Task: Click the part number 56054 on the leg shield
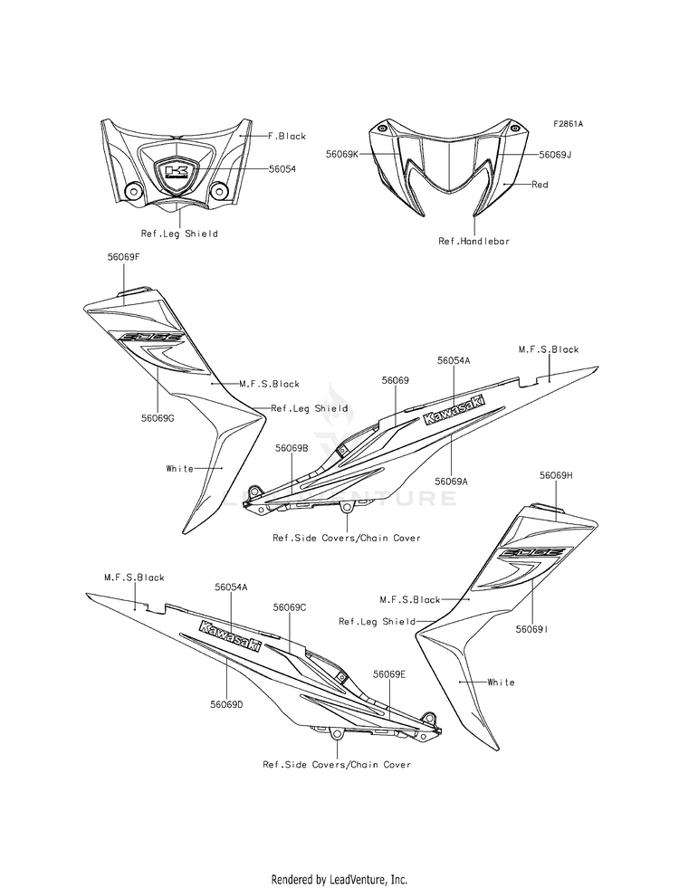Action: pyautogui.click(x=282, y=168)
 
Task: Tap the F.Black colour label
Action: pyautogui.click(x=287, y=136)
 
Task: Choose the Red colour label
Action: pyautogui.click(x=540, y=184)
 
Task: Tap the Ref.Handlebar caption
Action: pyautogui.click(x=474, y=241)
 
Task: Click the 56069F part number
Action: pyautogui.click(x=123, y=256)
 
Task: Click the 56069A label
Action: pyautogui.click(x=452, y=482)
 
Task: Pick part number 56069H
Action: pyautogui.click(x=556, y=475)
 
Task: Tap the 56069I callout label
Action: pyautogui.click(x=531, y=628)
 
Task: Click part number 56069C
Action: pyautogui.click(x=290, y=607)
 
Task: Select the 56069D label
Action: pyautogui.click(x=226, y=704)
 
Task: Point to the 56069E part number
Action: pyautogui.click(x=389, y=674)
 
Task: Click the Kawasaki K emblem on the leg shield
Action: pyautogui.click(x=177, y=170)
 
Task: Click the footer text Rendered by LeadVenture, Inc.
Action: pyautogui.click(x=339, y=880)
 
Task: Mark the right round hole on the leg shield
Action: pyautogui.click(x=219, y=191)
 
